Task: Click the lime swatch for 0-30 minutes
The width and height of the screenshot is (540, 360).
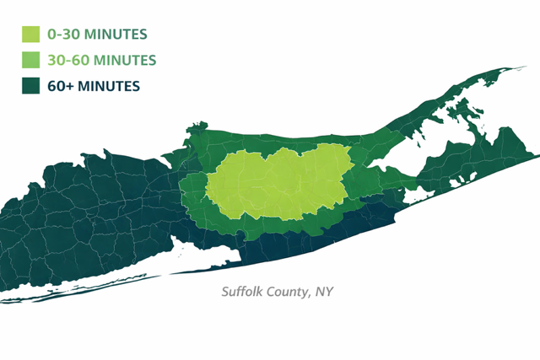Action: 31,35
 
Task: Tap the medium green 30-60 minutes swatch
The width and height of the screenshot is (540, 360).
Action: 31,60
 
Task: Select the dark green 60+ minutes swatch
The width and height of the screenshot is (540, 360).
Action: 31,85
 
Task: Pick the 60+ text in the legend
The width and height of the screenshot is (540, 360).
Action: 62,85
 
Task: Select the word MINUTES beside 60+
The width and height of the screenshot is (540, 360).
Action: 110,85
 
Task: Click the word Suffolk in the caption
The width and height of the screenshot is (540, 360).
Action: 243,293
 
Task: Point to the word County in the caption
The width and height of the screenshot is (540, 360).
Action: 289,293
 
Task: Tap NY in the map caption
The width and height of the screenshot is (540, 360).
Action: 325,293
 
